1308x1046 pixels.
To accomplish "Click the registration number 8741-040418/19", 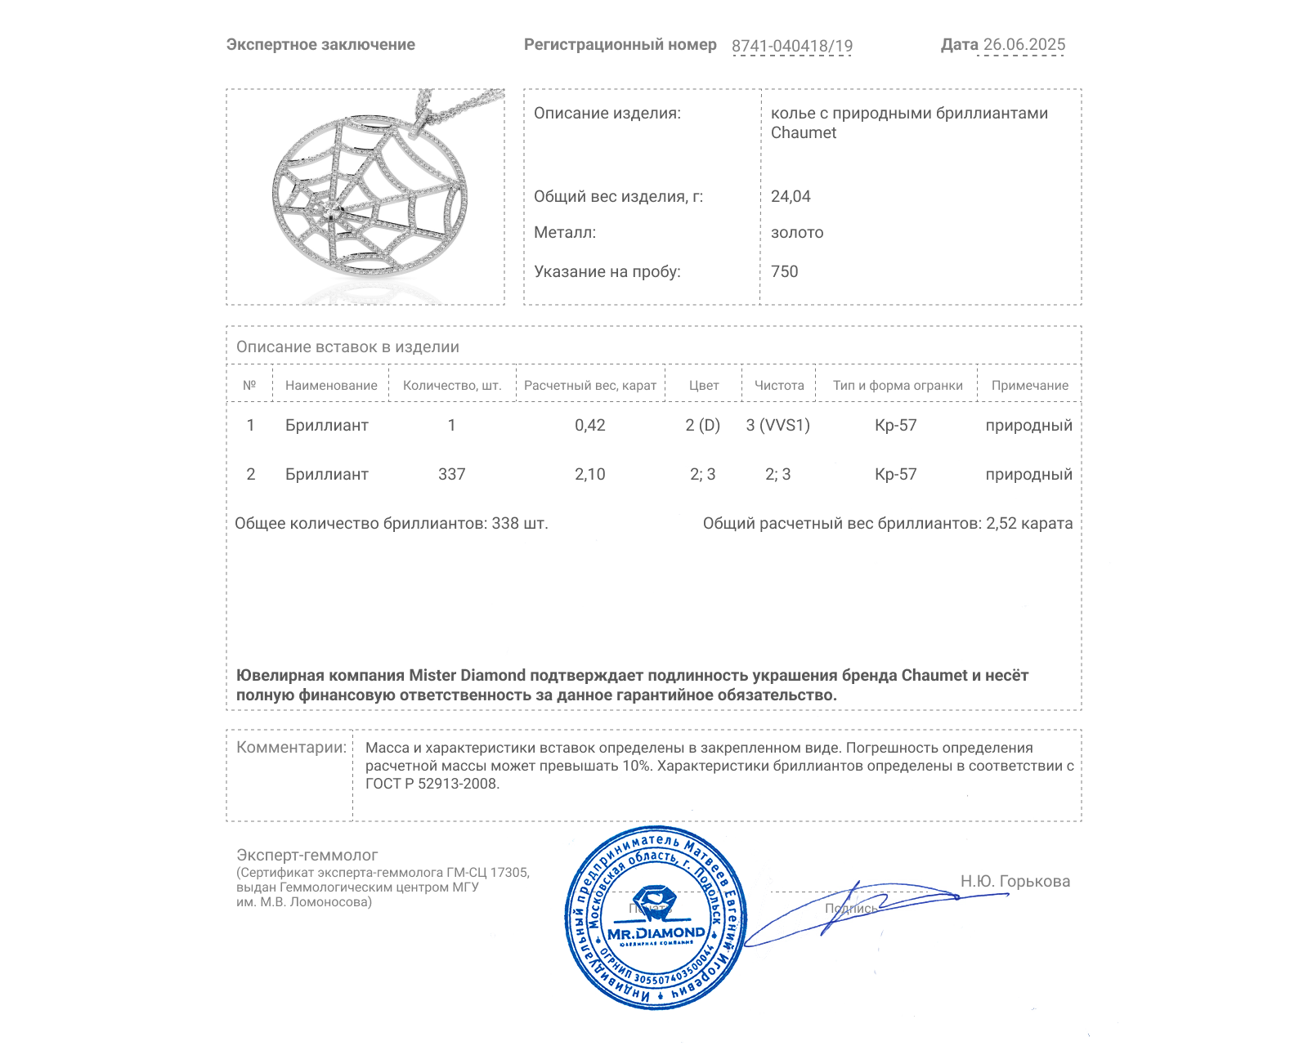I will pyautogui.click(x=791, y=46).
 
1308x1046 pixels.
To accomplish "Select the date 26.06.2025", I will pyautogui.click(x=1024, y=45).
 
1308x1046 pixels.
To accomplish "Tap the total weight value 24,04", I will pyautogui.click(x=791, y=196).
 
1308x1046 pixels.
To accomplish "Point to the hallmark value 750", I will pyautogui.click(x=784, y=271).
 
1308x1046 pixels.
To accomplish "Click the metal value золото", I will pyautogui.click(x=797, y=233).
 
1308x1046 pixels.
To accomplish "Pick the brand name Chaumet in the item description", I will pyautogui.click(x=804, y=133).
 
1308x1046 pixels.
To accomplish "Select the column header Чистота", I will pyautogui.click(x=779, y=386).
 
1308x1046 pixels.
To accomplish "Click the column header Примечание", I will pyautogui.click(x=1029, y=386).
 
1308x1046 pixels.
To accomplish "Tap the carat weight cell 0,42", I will pyautogui.click(x=589, y=425).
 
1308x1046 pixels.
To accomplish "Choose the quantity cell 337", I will pyautogui.click(x=451, y=474).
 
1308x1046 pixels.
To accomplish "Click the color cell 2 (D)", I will pyautogui.click(x=702, y=425).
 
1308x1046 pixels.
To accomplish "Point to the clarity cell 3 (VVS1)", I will pyautogui.click(x=777, y=425).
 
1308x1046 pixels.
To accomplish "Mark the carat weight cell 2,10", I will pyautogui.click(x=589, y=474).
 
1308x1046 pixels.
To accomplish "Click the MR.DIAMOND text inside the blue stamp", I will pyautogui.click(x=656, y=933).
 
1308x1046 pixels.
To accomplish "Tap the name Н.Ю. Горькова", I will pyautogui.click(x=1015, y=881).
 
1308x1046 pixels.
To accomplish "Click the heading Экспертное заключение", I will pyautogui.click(x=320, y=45).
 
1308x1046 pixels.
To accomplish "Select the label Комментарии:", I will pyautogui.click(x=291, y=748).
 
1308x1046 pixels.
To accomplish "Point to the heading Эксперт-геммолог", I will pyautogui.click(x=307, y=855).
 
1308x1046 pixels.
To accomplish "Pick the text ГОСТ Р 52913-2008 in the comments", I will pyautogui.click(x=431, y=784).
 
